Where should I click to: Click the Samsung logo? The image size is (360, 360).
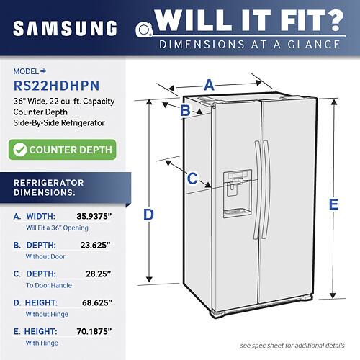click(64, 28)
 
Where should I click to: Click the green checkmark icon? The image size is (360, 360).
click(21, 150)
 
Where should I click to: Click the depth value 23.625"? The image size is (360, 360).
click(95, 245)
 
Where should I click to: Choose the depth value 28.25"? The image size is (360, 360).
click(98, 274)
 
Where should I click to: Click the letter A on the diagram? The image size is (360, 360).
click(209, 85)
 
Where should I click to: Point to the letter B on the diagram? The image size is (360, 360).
click(185, 110)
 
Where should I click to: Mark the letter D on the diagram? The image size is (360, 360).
click(148, 214)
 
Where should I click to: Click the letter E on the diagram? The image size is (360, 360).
click(333, 204)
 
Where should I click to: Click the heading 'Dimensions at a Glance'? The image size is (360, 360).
click(250, 44)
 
